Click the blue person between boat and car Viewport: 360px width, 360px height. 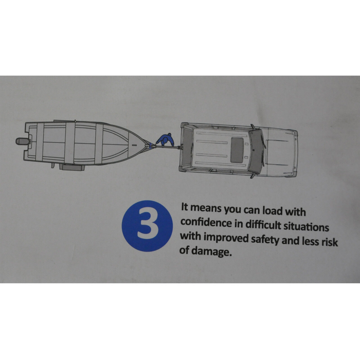[166, 139]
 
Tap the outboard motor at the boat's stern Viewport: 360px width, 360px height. [23, 141]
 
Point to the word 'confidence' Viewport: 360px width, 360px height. [206, 222]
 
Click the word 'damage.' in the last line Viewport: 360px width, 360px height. [210, 251]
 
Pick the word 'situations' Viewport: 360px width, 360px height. [307, 227]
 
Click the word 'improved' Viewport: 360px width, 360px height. [226, 238]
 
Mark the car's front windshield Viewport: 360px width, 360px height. [257, 152]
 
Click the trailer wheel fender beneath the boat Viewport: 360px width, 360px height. [72, 167]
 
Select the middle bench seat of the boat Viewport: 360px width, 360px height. [69, 143]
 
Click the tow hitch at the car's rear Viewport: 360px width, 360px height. [179, 147]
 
